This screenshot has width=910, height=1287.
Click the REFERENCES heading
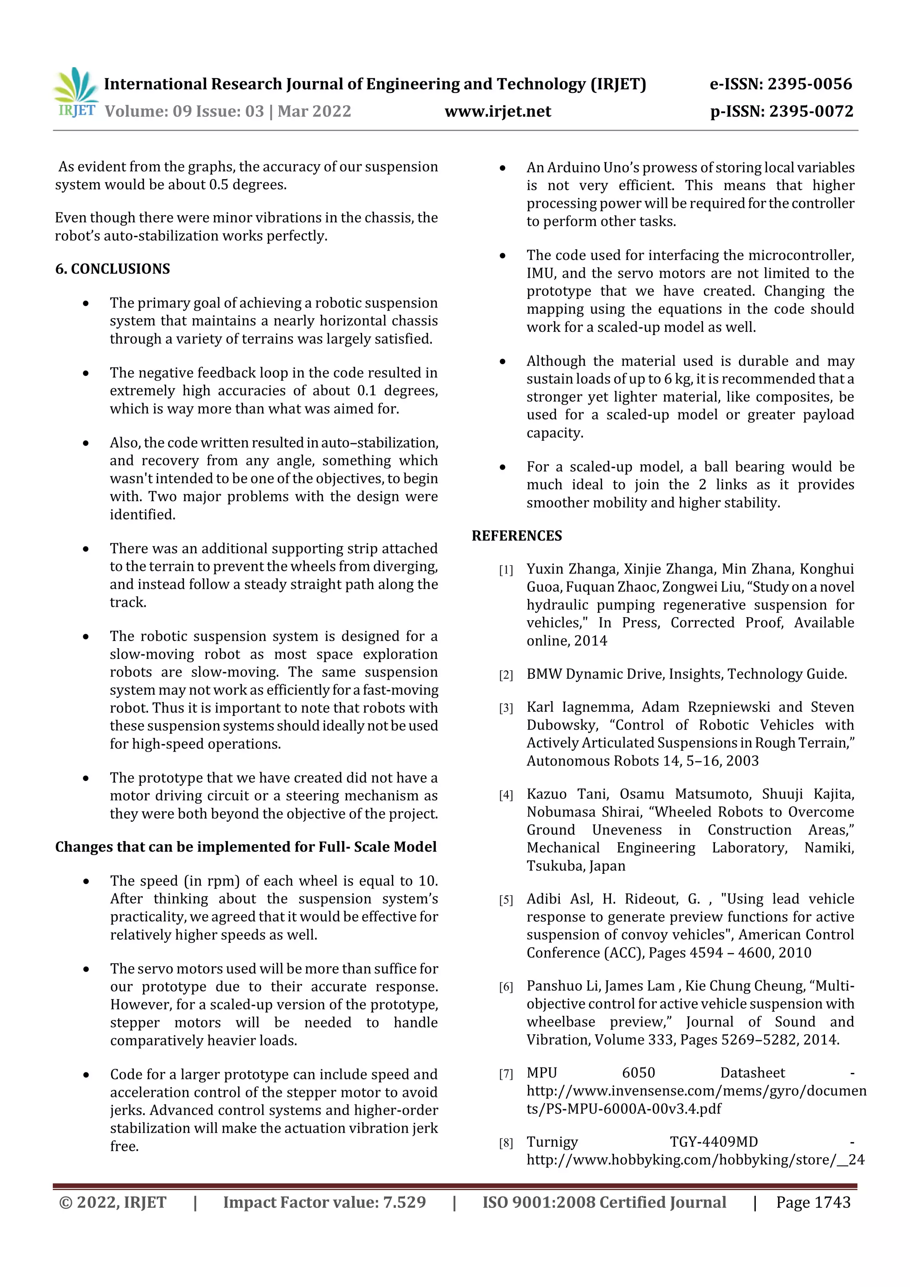(516, 536)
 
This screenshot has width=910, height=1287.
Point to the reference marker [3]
(506, 708)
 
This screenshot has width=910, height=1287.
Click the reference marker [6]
(506, 987)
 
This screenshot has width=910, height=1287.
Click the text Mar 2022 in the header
(314, 111)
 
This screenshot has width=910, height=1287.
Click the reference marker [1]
(506, 570)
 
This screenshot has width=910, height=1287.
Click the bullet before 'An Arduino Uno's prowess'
(503, 168)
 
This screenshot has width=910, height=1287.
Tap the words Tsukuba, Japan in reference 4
(575, 866)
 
